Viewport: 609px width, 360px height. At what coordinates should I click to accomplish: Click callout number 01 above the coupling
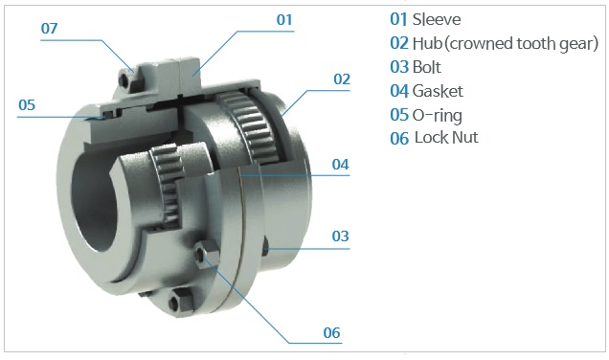click(284, 20)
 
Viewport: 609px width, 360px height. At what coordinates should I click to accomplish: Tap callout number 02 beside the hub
click(342, 79)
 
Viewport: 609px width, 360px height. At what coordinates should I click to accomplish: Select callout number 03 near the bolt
click(340, 236)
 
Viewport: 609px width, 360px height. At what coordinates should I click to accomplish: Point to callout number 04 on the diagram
click(340, 165)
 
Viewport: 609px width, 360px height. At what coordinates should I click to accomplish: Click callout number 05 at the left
click(27, 105)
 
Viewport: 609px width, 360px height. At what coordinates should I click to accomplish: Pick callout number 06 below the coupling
click(331, 333)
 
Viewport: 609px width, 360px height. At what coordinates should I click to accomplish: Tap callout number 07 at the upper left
click(50, 29)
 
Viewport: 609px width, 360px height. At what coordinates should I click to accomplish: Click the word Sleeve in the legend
click(437, 19)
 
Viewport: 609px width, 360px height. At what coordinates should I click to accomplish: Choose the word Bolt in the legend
click(426, 67)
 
